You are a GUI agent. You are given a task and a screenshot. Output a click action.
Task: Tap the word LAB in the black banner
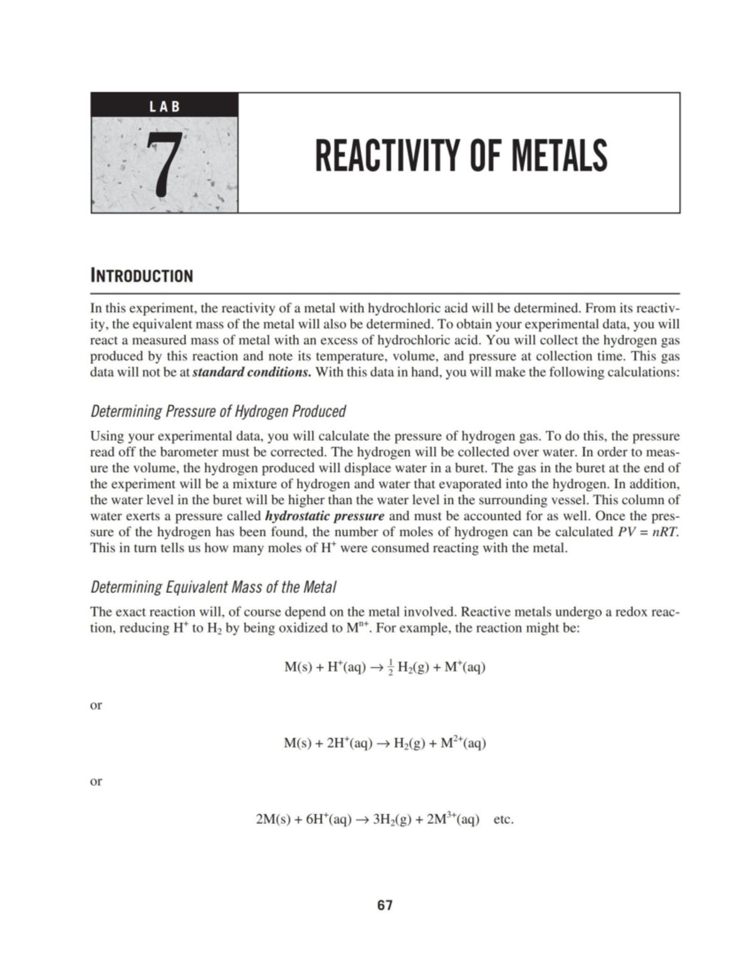coord(164,106)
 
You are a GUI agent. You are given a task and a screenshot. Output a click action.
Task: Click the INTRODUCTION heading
coord(142,276)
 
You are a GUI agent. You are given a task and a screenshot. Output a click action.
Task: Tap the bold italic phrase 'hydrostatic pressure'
coord(325,516)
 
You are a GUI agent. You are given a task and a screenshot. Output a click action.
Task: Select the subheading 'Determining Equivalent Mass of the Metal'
coord(213,587)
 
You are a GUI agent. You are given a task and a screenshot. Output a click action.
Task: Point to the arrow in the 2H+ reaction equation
coord(380,744)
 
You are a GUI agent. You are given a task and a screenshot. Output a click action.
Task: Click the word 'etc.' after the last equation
coord(504,819)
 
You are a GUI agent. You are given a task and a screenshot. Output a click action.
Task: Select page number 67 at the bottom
coord(385,905)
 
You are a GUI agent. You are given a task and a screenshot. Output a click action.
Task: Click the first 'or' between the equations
coord(97,705)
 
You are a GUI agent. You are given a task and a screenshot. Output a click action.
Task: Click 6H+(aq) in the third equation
coord(328,819)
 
